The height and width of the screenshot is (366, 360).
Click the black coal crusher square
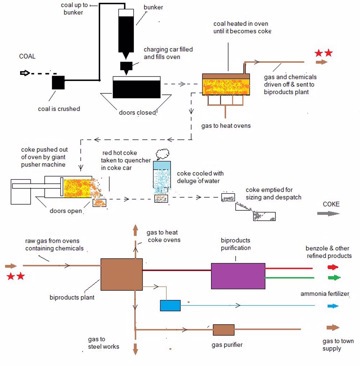coord(58,82)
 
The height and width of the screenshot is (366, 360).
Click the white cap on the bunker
coord(126,13)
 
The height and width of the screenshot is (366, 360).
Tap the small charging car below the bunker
coord(126,66)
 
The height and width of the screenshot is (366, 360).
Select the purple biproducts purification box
coord(238,276)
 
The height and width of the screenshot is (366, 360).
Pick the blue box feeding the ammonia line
coord(170,305)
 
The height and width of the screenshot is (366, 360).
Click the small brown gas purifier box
coord(224,330)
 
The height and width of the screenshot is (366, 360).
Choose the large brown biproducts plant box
coord(121,274)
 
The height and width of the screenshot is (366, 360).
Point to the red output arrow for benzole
coord(333,267)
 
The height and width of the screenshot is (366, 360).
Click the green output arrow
coord(334,278)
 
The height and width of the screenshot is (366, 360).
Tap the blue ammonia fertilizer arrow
coord(333,306)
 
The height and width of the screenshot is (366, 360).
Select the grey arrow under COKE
coord(328,213)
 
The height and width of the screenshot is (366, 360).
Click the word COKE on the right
coord(331,204)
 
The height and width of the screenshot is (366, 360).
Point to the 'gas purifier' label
coord(227,345)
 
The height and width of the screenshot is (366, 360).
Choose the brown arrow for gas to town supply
coord(333,328)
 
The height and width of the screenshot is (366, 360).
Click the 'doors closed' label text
coord(137,112)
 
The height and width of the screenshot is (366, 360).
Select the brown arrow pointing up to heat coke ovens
coord(135,229)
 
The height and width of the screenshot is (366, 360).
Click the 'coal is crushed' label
coord(59,108)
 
